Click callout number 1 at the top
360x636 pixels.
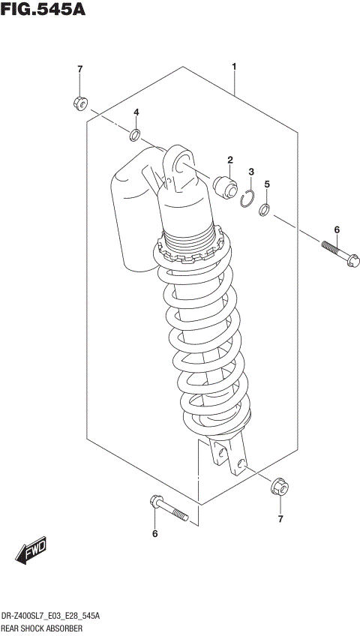coord(234,67)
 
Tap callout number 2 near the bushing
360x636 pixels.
coord(230,159)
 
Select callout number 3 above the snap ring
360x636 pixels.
coord(252,172)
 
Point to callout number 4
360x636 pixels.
coord(136,112)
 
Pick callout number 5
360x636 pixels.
coord(267,184)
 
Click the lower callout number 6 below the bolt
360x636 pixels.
coord(155,534)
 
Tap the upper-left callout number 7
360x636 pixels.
coord(79,70)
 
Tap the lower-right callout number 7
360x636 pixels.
coord(281,519)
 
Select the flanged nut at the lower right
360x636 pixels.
coord(280,487)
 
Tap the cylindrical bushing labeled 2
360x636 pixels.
coord(226,185)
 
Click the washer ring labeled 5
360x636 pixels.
coord(265,210)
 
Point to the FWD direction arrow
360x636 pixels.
coord(31,551)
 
